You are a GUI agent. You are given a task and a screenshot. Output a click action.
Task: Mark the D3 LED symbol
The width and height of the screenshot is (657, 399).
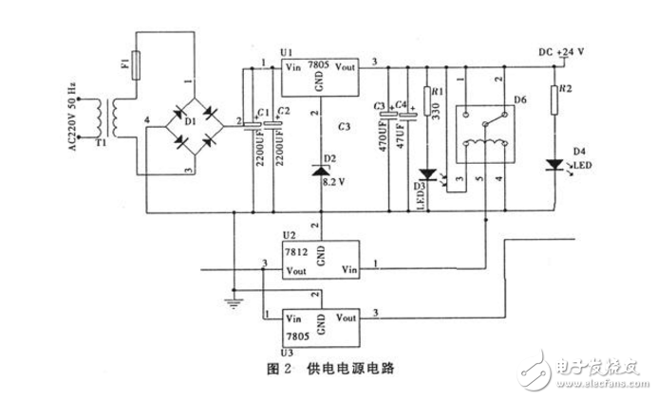[x=427, y=174]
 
